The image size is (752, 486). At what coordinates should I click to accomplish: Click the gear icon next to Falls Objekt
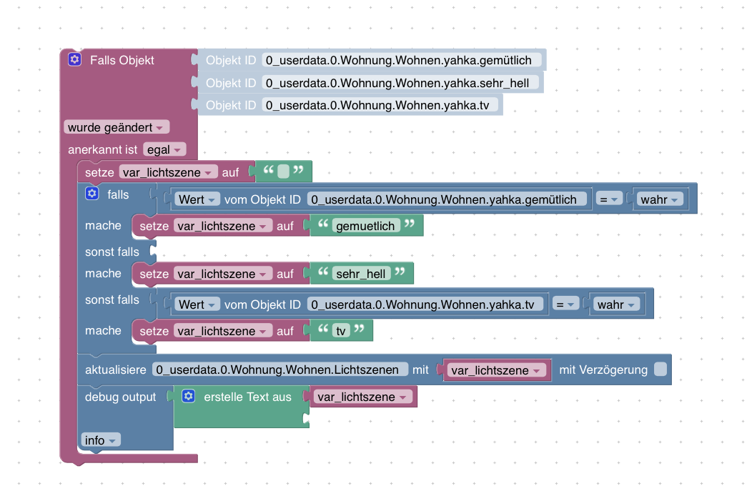[x=74, y=59]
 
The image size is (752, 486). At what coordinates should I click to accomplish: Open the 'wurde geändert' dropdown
[x=117, y=127]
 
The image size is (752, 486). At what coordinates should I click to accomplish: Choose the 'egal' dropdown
[x=164, y=150]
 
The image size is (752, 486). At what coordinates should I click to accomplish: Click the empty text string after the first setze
[x=283, y=172]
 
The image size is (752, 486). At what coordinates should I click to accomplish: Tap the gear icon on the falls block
[x=91, y=194]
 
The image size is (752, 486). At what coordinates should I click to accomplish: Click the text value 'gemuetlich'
[x=365, y=226]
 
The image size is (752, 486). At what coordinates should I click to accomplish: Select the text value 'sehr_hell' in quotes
[x=361, y=274]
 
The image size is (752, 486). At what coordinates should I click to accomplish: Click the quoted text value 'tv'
[x=340, y=331]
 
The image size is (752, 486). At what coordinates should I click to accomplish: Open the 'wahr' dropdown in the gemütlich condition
[x=658, y=199]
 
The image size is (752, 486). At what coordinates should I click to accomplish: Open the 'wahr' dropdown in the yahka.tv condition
[x=615, y=304]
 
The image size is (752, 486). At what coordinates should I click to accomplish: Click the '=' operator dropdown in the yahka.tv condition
[x=565, y=304]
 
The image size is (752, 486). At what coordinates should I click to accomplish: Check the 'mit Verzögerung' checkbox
[x=660, y=370]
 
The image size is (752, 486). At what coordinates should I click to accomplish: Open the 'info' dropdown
[x=100, y=440]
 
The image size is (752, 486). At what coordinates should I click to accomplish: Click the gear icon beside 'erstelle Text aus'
[x=188, y=396]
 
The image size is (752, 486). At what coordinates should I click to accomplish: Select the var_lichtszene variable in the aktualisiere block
[x=496, y=370]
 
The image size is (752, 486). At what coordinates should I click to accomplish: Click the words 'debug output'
[x=120, y=397]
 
